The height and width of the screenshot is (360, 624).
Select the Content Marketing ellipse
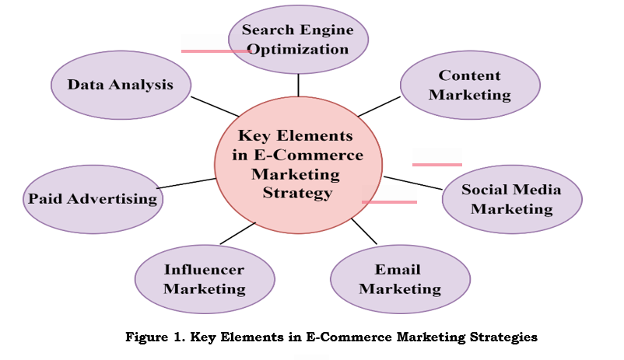469,86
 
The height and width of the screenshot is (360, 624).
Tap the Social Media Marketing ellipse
511,199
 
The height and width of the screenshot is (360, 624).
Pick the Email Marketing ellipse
399,279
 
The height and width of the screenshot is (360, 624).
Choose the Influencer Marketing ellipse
204,279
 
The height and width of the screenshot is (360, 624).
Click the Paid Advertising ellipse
93,198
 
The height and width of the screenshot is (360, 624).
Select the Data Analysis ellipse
120,85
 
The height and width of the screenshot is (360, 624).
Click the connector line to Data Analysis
215,108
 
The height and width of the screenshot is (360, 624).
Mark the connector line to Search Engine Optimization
298,85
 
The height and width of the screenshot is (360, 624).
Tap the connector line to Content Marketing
378,107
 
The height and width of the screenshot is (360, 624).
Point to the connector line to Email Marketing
364,231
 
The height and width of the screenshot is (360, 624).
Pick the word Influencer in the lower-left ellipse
204,270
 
